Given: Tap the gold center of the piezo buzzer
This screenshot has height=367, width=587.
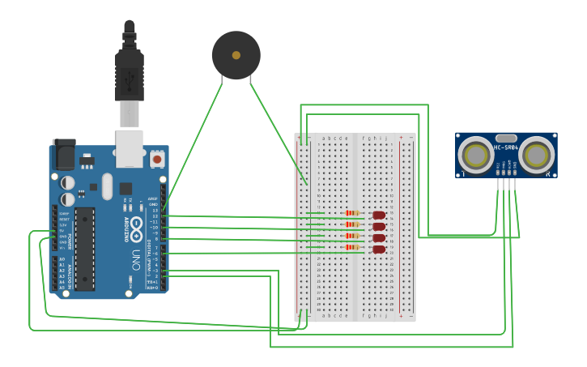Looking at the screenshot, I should tap(236, 55).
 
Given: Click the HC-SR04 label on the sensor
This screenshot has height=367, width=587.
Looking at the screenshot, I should tap(506, 147).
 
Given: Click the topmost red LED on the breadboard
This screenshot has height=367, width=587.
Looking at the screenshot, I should tap(378, 215).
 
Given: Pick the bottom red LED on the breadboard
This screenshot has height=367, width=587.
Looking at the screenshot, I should tap(378, 250).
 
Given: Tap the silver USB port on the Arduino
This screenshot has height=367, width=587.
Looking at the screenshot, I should tap(129, 147).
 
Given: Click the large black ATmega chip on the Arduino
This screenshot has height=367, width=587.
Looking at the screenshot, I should tap(85, 248).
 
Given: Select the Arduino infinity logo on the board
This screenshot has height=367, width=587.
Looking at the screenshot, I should tap(137, 224).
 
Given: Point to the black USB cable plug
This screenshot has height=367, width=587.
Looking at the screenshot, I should tap(129, 73).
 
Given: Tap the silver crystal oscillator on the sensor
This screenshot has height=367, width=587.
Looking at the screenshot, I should tap(506, 139).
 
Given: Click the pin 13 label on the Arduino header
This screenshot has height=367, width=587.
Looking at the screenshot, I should tap(154, 211).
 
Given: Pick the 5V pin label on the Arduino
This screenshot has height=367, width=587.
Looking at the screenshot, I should tap(61, 231).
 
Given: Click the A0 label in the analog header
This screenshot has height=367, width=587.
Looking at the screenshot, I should tap(62, 259).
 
